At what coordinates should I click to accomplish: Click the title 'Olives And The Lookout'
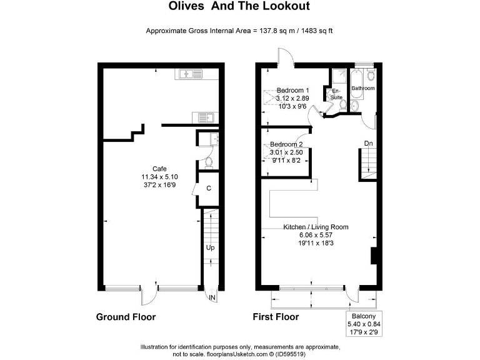click(x=239, y=7)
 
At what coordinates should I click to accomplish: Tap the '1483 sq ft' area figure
click(x=314, y=30)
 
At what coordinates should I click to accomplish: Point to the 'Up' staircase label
click(x=210, y=248)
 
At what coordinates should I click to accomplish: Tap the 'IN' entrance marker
click(x=213, y=297)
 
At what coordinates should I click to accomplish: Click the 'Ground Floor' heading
click(x=126, y=317)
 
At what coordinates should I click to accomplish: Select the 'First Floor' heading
click(x=276, y=317)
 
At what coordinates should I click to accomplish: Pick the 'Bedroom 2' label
click(x=286, y=144)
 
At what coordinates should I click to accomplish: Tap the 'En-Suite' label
click(x=336, y=94)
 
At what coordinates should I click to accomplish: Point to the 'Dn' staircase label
click(x=369, y=144)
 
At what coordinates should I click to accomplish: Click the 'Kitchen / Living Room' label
click(x=316, y=227)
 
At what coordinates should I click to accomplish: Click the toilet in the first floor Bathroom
click(x=371, y=76)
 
